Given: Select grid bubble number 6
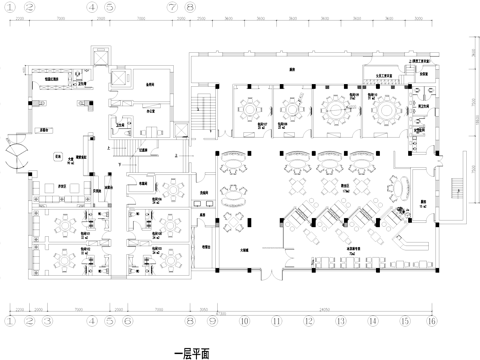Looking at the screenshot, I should (127, 321).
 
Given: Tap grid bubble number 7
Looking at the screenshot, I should (172, 7).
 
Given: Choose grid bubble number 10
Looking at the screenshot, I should (243, 321).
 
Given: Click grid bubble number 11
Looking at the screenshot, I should (277, 321).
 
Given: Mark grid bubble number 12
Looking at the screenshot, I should (309, 321).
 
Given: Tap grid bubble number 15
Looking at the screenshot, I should (405, 321).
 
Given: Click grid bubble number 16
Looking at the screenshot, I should (432, 321).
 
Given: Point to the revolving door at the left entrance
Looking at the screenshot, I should (17, 152).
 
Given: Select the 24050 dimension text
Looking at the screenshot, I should (325, 307).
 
